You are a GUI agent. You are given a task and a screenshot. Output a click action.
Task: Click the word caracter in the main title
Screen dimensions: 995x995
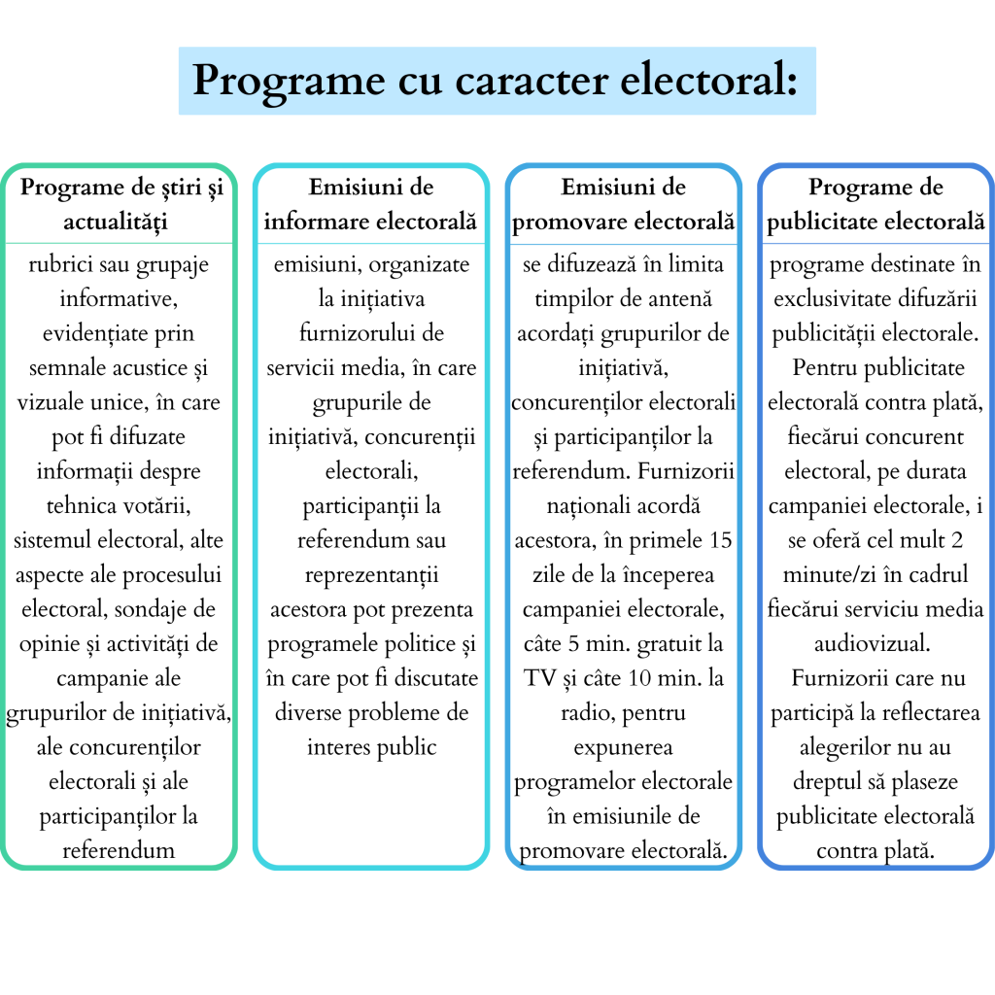pyautogui.click(x=518, y=80)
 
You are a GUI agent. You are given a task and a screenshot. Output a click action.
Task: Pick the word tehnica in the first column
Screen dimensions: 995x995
pyautogui.click(x=80, y=506)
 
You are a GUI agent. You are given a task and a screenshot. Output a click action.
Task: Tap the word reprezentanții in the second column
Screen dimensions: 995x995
pyautogui.click(x=371, y=575)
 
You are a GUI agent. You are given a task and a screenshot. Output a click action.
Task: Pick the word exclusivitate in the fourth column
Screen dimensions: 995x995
pyautogui.click(x=830, y=299)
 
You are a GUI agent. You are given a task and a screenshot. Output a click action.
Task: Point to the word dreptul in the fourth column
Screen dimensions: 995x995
pyautogui.click(x=825, y=782)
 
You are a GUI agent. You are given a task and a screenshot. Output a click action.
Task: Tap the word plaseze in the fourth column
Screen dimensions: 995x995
pyautogui.click(x=922, y=782)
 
